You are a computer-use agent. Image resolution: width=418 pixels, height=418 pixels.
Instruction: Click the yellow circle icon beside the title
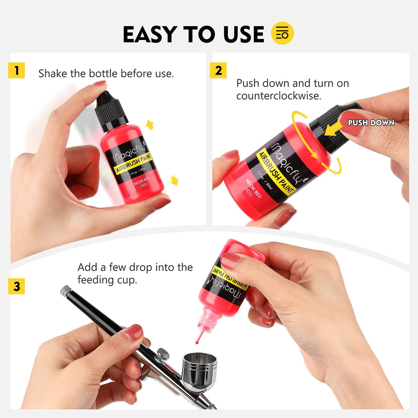tap(282, 33)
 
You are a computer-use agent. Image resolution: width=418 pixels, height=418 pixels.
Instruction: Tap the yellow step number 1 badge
tap(17, 70)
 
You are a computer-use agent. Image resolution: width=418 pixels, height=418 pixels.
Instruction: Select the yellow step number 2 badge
tap(218, 70)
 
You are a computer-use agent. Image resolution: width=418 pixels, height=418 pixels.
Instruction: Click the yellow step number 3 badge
tap(17, 286)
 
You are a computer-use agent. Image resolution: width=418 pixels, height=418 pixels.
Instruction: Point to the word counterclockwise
tap(279, 96)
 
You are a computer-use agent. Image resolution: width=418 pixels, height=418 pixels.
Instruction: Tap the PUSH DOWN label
tap(371, 123)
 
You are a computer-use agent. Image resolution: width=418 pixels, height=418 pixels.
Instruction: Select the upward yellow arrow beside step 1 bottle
tap(150, 125)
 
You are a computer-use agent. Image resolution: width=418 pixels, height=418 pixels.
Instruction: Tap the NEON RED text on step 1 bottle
tap(142, 180)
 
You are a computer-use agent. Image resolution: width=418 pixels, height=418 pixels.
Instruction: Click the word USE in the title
tap(243, 34)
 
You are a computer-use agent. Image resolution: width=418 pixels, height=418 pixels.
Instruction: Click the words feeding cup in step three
tap(107, 280)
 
